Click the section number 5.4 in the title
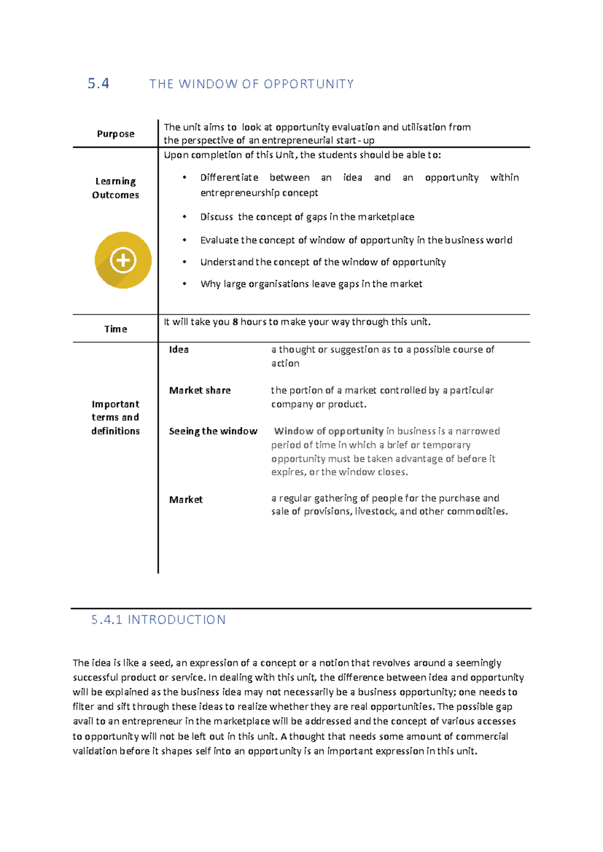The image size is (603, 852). (98, 83)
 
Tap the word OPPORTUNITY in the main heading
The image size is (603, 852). (309, 84)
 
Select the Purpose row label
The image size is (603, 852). (116, 134)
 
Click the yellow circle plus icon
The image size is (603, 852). (123, 260)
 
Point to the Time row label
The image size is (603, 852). (116, 329)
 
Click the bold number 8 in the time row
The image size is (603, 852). (235, 322)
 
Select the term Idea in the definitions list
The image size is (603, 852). (179, 350)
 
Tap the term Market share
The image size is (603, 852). (200, 390)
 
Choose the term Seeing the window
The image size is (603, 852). (213, 431)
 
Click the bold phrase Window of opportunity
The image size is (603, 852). (329, 431)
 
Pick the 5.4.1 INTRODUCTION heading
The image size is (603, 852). (158, 619)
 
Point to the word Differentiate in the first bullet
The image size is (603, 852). (229, 177)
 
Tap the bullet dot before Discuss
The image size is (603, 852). (184, 217)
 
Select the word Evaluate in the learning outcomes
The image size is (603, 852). (219, 240)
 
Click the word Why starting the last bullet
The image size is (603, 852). (210, 284)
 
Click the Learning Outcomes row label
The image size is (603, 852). (116, 188)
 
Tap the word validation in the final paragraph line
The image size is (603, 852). (95, 751)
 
